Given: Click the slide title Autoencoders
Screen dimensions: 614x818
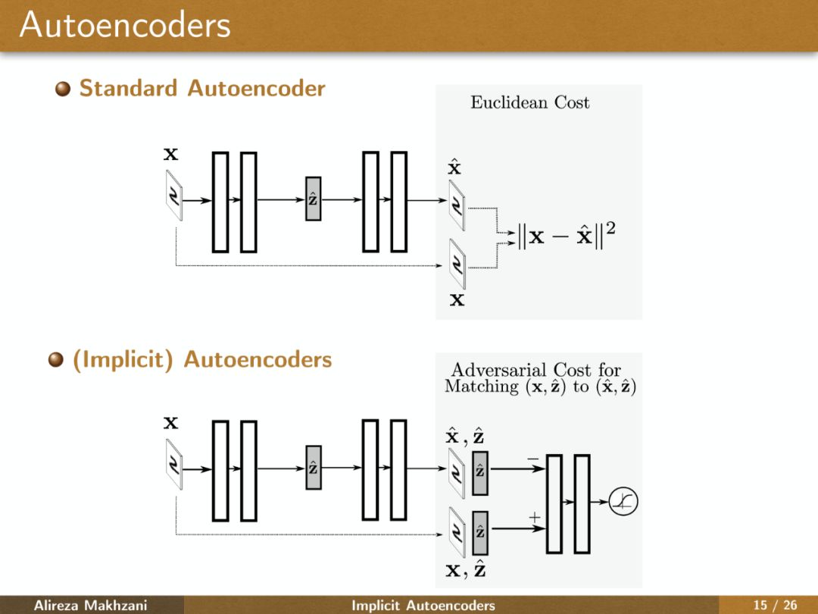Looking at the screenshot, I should [x=125, y=25].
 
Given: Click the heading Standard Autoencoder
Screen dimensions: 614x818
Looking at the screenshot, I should [x=202, y=88].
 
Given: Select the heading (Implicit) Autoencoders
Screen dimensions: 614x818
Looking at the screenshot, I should [x=201, y=359].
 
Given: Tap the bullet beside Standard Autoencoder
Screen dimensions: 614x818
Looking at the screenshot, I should [x=64, y=89].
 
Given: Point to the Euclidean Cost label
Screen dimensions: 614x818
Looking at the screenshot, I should [x=529, y=102].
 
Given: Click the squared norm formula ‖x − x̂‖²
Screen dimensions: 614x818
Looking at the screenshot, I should [x=566, y=235].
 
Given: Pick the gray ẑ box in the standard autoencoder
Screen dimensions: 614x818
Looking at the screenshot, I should [x=313, y=199].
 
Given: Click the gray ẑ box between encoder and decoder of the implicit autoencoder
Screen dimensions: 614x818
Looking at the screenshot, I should [x=313, y=468].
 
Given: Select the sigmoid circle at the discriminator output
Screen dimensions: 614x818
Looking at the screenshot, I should [x=624, y=500].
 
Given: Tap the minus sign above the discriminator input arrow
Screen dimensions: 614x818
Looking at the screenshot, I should [x=533, y=459].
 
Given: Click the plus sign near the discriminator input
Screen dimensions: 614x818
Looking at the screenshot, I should [x=535, y=516].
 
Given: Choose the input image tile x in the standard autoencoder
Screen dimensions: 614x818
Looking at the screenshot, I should [x=173, y=196].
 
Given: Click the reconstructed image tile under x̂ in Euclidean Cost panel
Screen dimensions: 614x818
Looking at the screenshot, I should [x=457, y=202].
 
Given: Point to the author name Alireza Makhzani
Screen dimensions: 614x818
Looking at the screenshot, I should [x=90, y=605].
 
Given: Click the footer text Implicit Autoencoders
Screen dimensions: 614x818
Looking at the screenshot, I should [x=423, y=605].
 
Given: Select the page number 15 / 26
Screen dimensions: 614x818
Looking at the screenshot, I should [x=775, y=605].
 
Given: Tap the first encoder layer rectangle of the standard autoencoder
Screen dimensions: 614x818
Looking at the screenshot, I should [x=220, y=202].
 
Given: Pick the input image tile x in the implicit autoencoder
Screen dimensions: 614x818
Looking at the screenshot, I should [x=173, y=464].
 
